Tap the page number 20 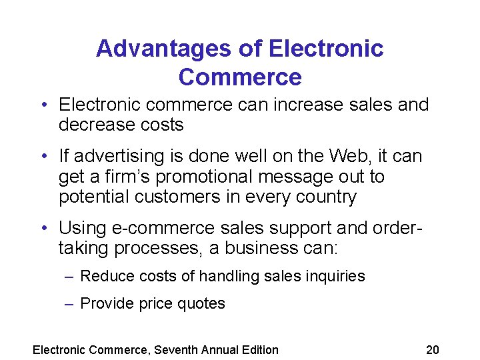433,349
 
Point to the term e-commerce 164,229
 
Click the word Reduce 104,276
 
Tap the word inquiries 337,276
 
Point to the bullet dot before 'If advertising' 43,157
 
